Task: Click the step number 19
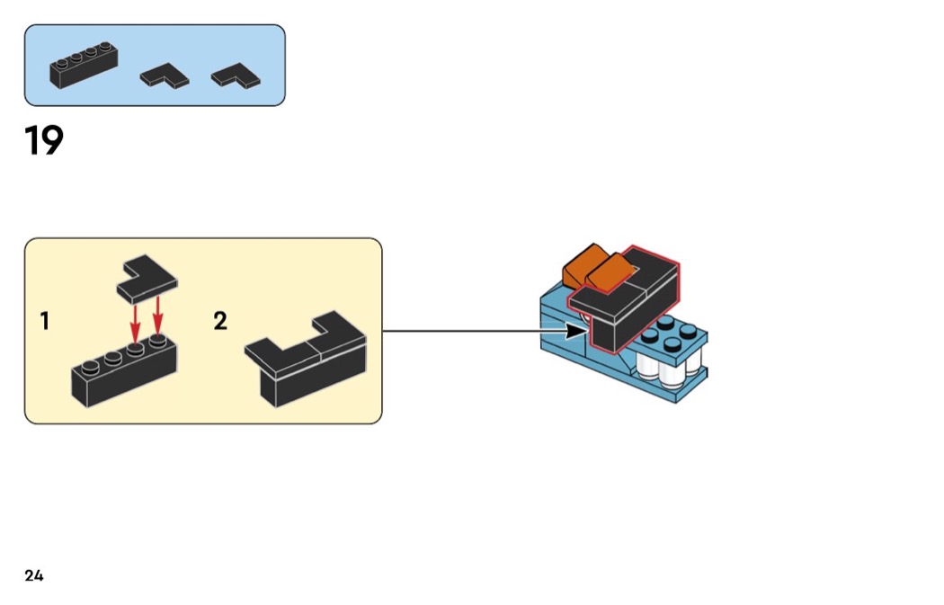[44, 141]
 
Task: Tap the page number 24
[34, 575]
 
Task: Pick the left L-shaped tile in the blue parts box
[165, 77]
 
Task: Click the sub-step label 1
[45, 321]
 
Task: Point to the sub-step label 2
[220, 321]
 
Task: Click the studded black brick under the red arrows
[123, 370]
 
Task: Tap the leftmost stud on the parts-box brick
[60, 63]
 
